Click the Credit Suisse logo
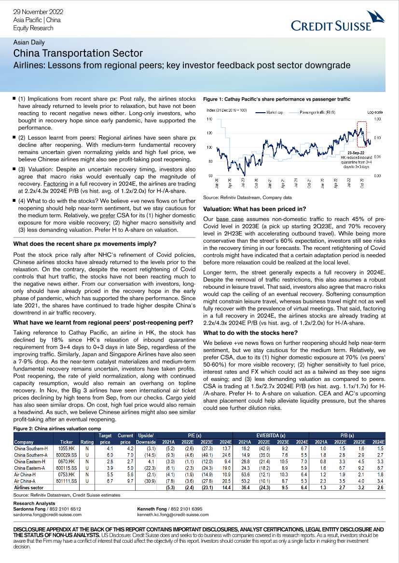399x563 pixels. click(x=337, y=25)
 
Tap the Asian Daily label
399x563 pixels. click(x=28, y=42)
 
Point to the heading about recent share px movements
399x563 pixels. click(x=85, y=244)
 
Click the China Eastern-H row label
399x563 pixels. click(x=30, y=461)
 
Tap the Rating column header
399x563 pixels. click(x=87, y=441)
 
